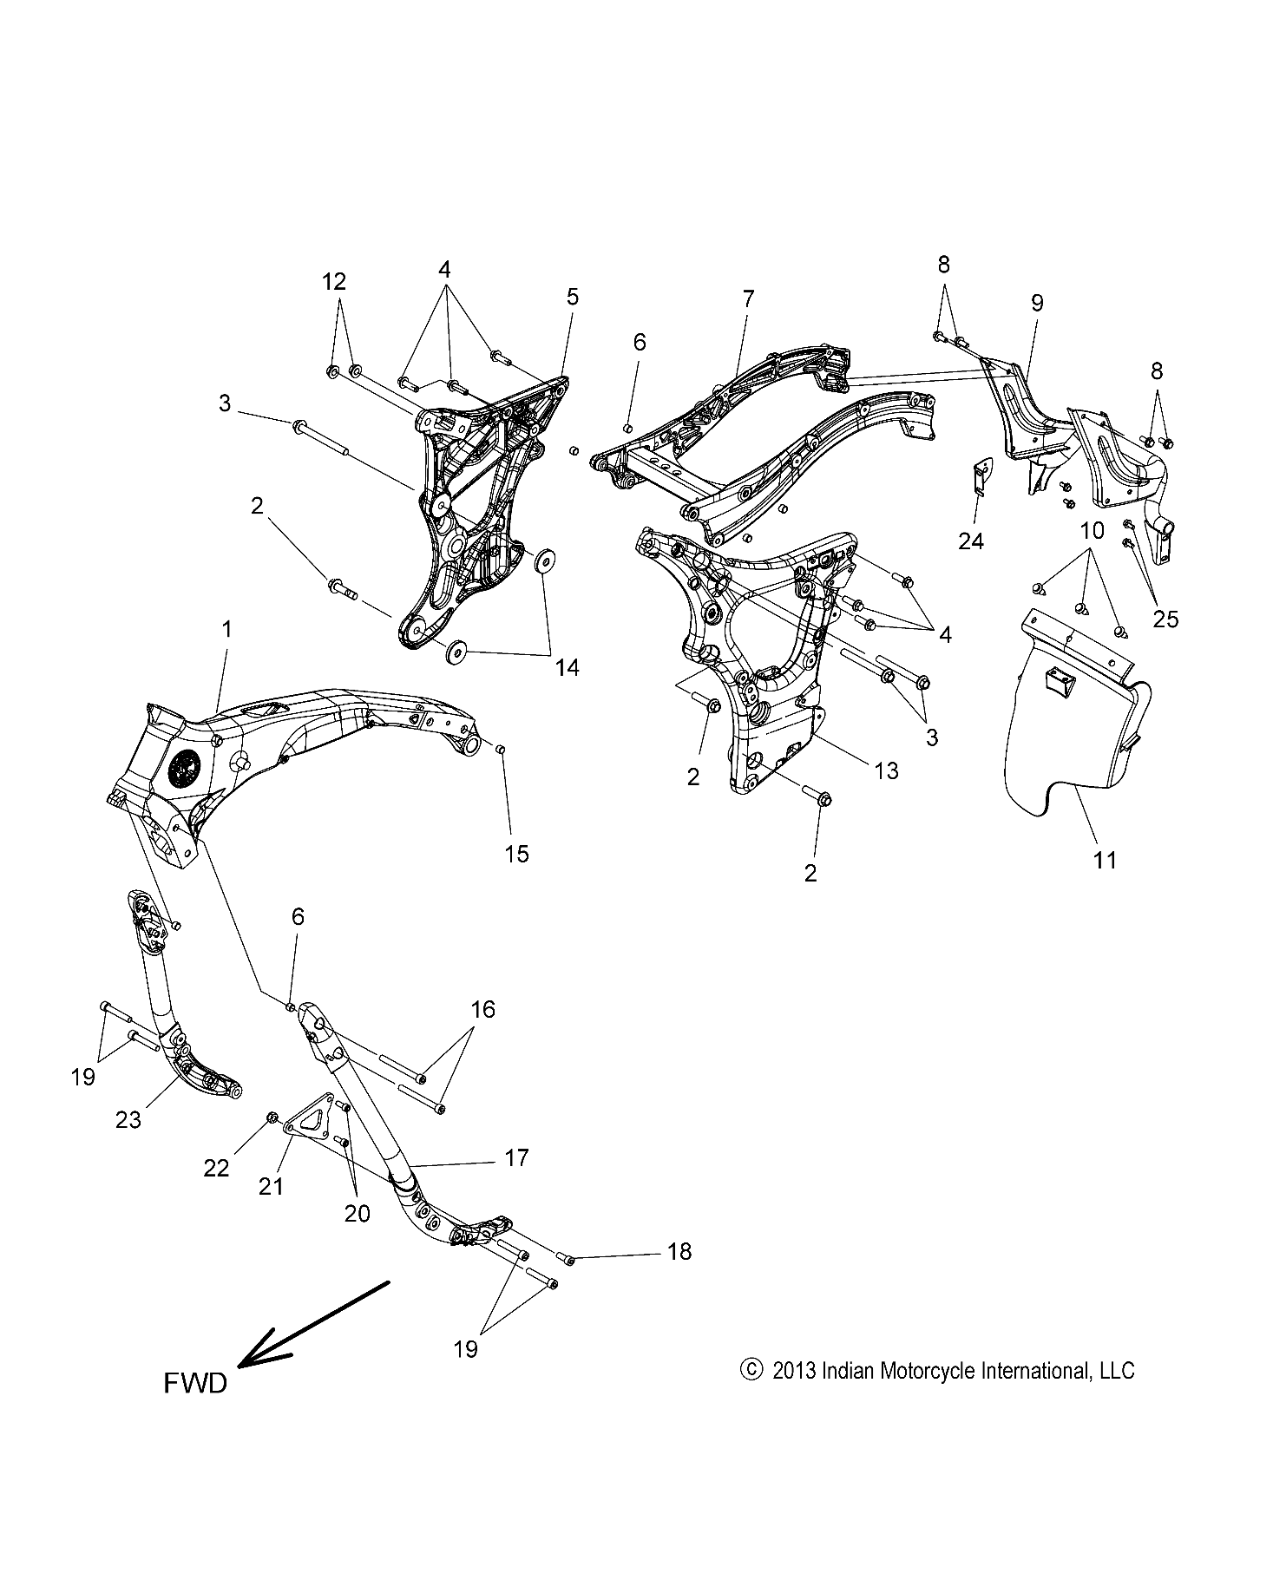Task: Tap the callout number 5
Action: point(572,297)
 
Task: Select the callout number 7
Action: point(748,299)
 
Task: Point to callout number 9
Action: point(1037,303)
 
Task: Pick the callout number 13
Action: point(886,770)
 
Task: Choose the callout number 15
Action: point(516,854)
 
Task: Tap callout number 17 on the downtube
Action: point(516,1157)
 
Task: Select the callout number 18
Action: point(679,1251)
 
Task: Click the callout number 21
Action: point(272,1185)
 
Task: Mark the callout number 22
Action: point(216,1168)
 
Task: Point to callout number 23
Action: point(128,1120)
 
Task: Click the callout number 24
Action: point(971,541)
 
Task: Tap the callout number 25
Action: point(1166,619)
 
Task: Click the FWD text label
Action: point(195,1383)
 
